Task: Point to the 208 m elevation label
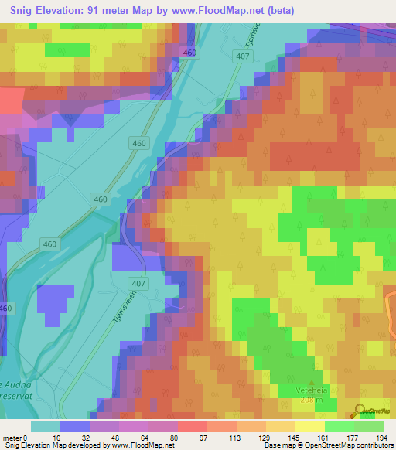point(312,402)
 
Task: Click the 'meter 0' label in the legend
point(16,437)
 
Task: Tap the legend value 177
point(353,437)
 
